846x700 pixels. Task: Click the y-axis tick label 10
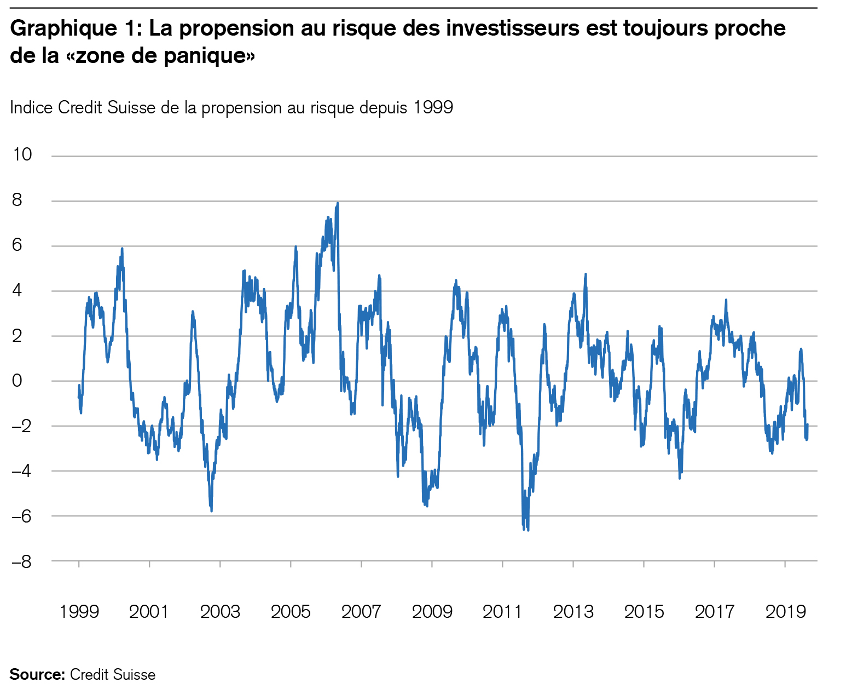23,155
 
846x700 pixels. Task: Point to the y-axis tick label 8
17,200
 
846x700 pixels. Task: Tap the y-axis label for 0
17,380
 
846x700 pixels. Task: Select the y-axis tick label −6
23,515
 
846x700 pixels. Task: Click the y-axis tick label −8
23,561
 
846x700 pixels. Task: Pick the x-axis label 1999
79,611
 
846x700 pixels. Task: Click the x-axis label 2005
291,611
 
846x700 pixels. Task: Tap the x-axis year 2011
502,611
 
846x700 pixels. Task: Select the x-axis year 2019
785,611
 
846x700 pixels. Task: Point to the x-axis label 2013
573,611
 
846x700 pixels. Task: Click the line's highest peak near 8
338,204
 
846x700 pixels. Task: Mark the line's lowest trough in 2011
528,530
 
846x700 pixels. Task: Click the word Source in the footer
37,674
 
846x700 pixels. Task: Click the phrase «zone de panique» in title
165,56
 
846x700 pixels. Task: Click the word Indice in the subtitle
32,107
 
